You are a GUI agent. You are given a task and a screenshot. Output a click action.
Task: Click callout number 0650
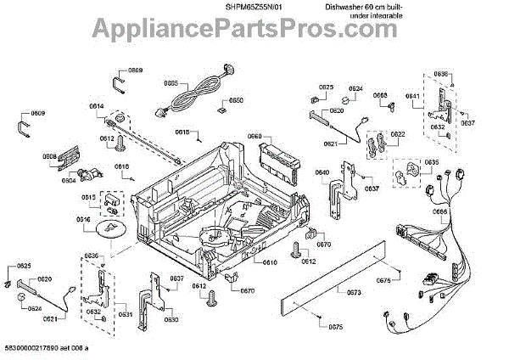pos(237,101)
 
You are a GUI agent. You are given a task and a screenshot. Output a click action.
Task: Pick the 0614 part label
pos(96,106)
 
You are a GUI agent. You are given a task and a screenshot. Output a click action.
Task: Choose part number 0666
pos(439,212)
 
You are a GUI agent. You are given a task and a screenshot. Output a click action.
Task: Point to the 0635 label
pos(431,162)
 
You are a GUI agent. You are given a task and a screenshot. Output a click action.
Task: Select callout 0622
pos(398,135)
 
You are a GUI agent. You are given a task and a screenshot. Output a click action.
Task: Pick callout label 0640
pos(322,173)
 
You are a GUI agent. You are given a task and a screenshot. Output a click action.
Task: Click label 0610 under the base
pos(270,262)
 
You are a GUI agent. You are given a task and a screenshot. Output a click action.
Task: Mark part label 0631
pos(126,314)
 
